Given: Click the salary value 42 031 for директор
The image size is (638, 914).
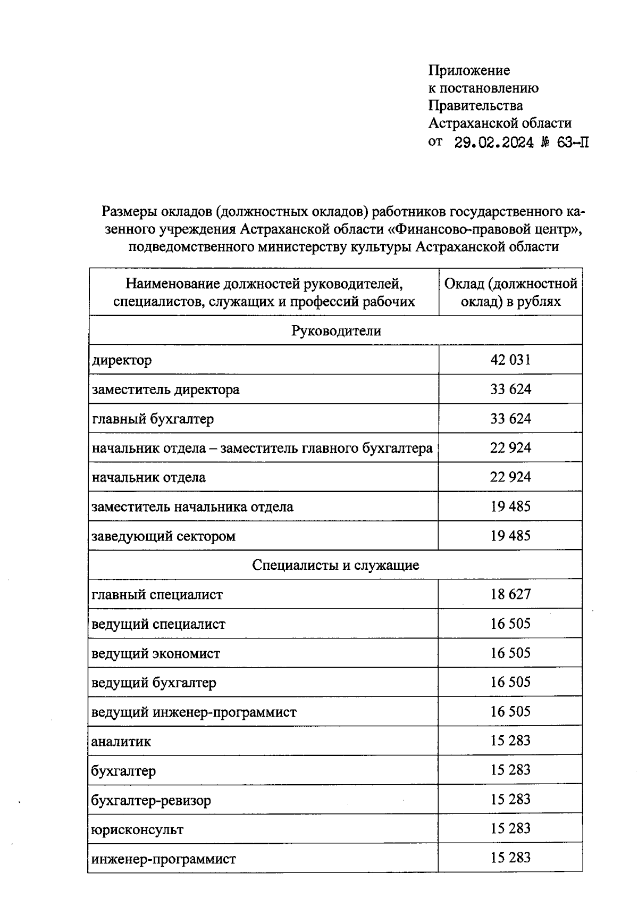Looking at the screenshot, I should (510, 360).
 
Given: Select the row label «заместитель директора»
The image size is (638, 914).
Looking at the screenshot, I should (165, 389).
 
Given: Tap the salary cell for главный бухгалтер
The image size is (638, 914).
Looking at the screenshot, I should (510, 419).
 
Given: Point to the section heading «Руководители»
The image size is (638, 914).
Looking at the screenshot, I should (336, 331).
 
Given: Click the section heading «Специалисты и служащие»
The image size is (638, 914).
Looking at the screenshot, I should (336, 565).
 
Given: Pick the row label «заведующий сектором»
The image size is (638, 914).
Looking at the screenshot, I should (163, 536).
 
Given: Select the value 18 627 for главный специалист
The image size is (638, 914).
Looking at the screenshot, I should (510, 594).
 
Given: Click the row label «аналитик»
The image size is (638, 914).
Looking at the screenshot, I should (121, 741).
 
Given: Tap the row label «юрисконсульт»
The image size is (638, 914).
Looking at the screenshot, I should (137, 829).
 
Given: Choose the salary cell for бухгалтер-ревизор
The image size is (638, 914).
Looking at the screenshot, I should (510, 800).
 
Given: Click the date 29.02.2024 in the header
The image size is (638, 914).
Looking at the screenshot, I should (494, 143).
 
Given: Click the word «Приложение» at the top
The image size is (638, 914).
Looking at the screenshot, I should (469, 70).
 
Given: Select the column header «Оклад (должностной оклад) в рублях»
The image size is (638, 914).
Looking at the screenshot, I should (510, 293).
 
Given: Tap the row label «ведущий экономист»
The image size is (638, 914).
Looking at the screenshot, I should (156, 653).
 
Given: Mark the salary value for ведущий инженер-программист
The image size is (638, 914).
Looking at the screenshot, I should (510, 712).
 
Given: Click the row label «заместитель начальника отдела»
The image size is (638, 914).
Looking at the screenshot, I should (192, 506).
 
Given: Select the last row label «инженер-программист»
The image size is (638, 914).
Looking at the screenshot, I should (164, 859).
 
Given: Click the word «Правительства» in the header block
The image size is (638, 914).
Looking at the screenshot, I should (475, 105).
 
